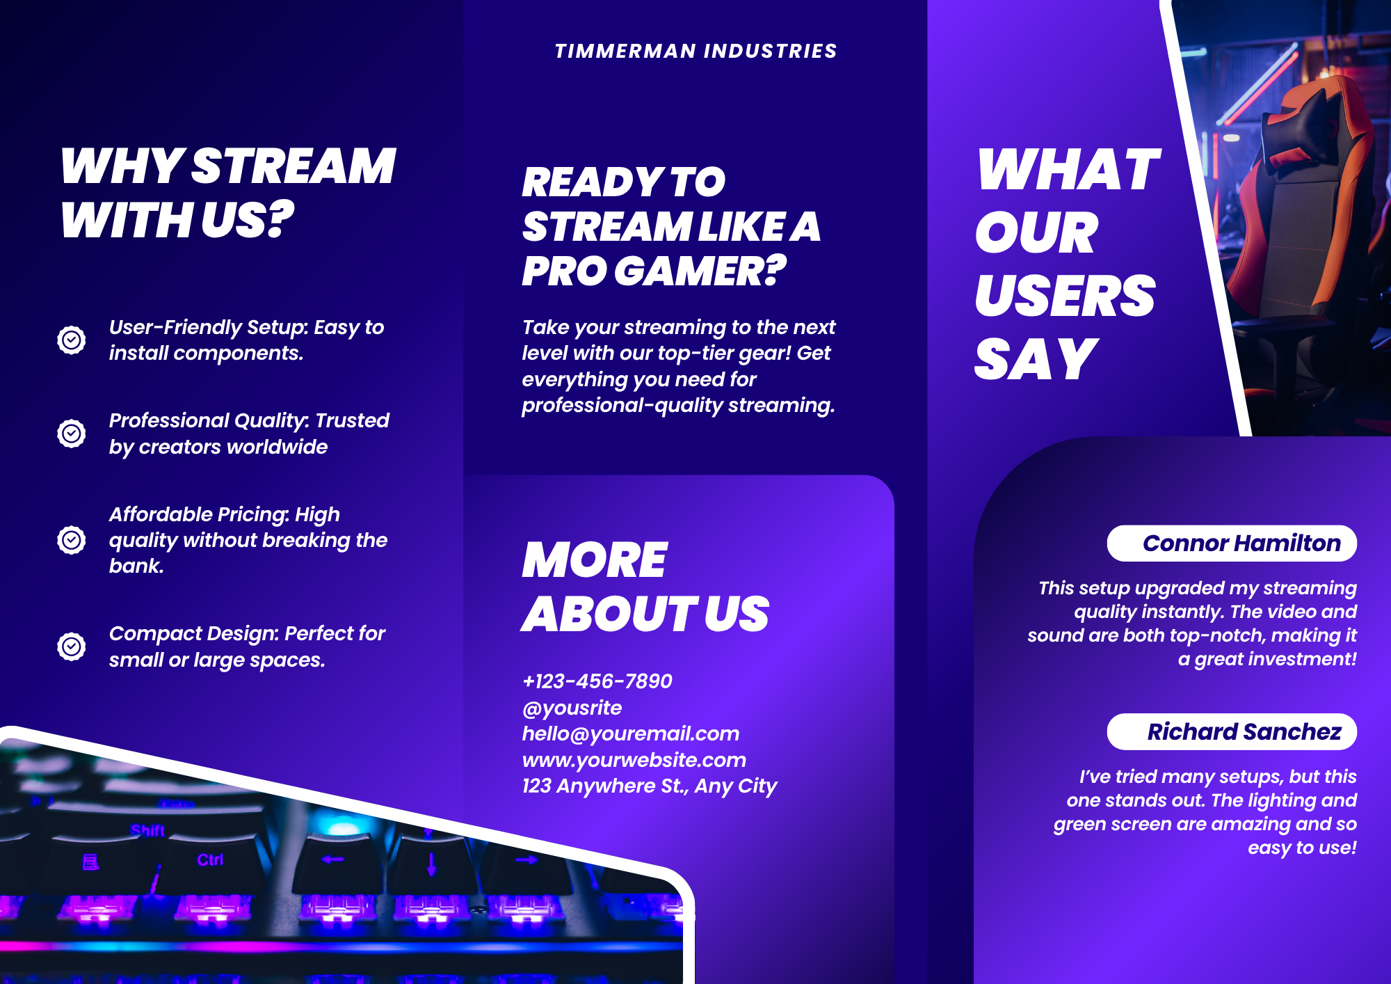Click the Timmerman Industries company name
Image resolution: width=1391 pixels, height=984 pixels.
pos(695,51)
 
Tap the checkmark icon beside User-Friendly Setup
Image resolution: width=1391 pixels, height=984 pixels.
pos(71,340)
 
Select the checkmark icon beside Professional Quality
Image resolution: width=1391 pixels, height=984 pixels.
pos(71,434)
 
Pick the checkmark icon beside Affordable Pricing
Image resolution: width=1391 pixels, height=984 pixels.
pos(71,540)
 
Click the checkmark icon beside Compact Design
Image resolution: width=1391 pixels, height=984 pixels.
pos(71,646)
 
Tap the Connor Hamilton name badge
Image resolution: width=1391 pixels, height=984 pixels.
pos(1232,543)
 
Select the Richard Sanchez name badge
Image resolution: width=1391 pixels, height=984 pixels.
pos(1232,731)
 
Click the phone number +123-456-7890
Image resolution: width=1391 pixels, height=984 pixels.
pos(597,681)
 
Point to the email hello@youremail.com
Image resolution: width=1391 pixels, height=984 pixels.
pos(631,733)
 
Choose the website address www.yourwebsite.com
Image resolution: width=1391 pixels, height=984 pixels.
pos(634,760)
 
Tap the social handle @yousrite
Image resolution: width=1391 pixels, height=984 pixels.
pos(572,708)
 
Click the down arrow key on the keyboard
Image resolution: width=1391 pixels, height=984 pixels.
pos(431,865)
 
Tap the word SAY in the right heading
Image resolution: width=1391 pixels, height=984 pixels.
pos(1036,359)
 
